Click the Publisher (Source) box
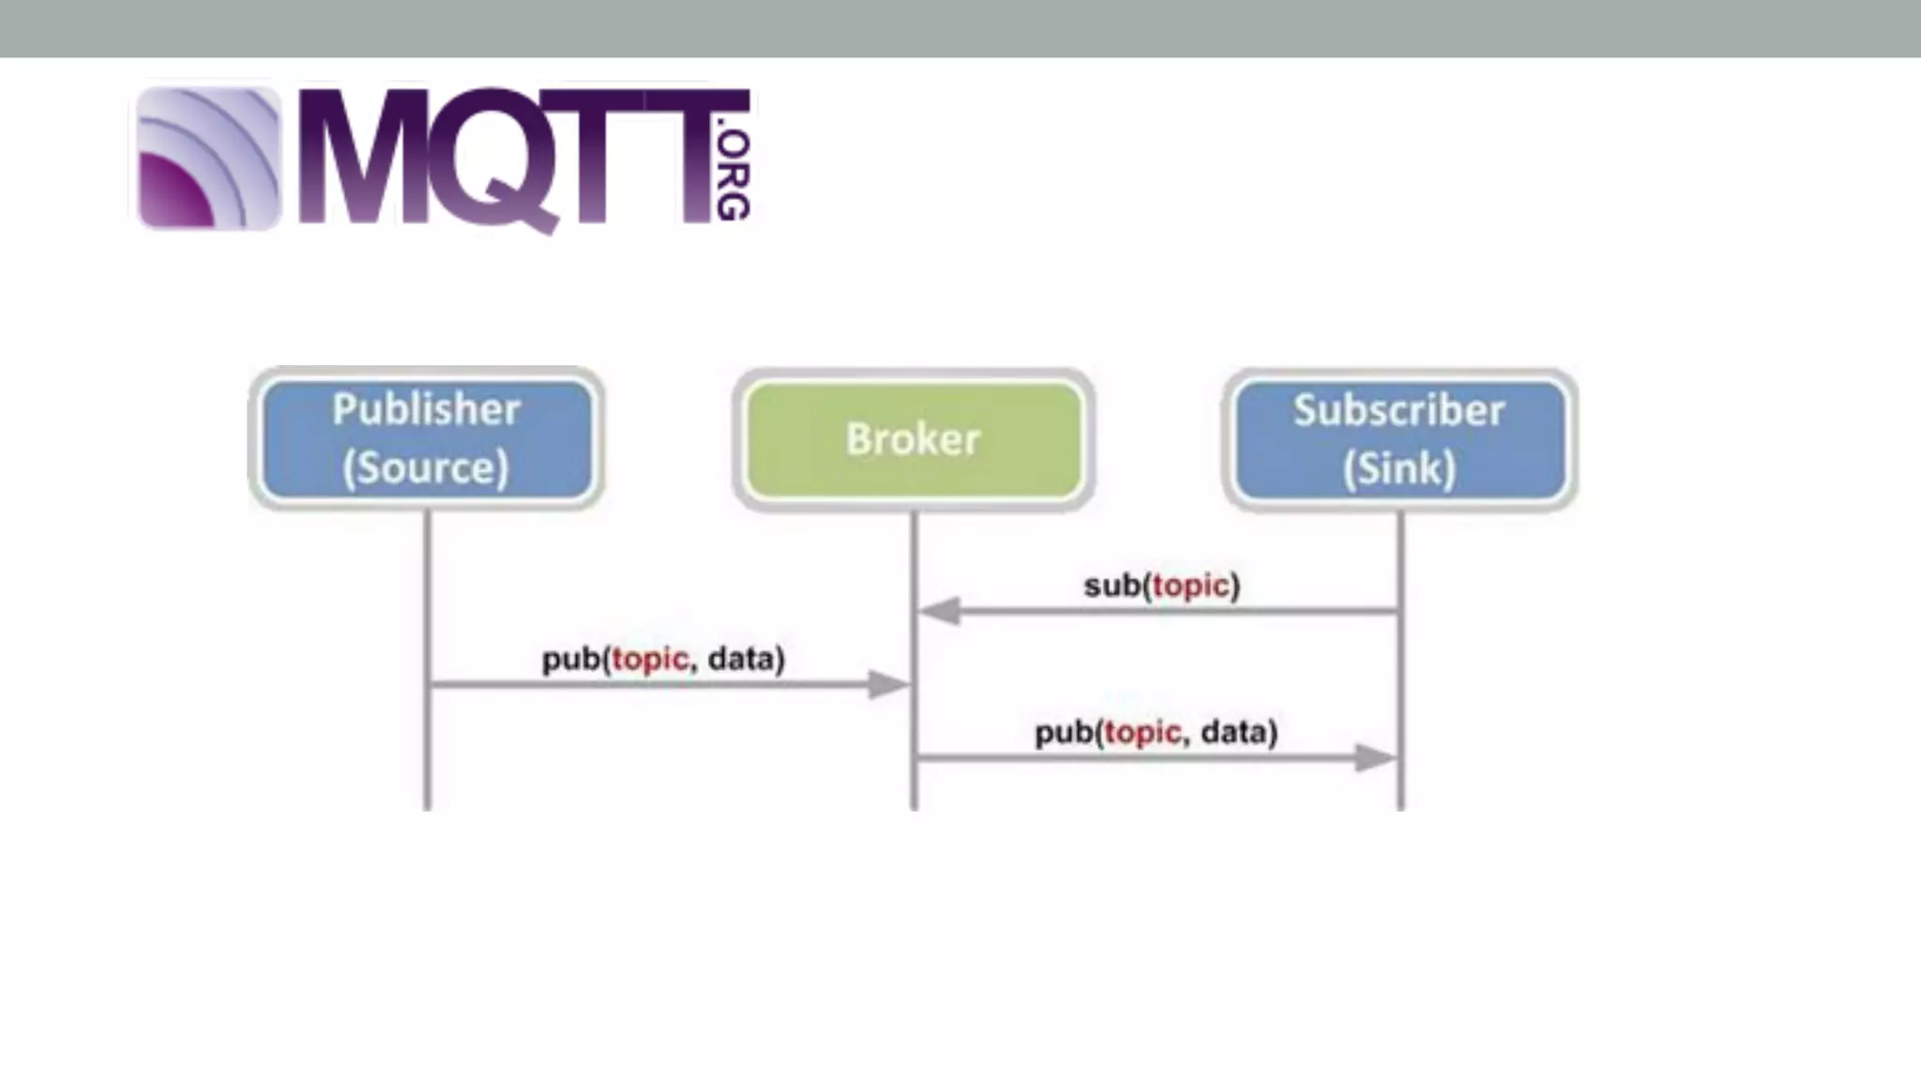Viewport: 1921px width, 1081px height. click(427, 438)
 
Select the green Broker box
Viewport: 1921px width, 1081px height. click(914, 439)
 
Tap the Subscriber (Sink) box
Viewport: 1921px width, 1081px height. click(1399, 439)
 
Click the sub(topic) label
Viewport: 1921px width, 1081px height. click(1161, 586)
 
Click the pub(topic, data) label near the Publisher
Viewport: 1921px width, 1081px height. click(663, 659)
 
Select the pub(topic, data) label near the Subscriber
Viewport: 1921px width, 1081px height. click(1156, 732)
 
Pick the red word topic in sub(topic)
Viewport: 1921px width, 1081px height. click(1190, 586)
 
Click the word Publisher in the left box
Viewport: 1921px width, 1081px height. click(427, 410)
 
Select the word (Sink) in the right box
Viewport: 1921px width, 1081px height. click(1399, 468)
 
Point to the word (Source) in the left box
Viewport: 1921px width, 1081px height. click(426, 467)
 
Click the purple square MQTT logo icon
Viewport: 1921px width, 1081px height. click(208, 158)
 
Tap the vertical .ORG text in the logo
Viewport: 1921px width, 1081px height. click(733, 175)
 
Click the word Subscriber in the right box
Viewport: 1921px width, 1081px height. click(1399, 410)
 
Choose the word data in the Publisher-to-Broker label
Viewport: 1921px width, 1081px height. click(745, 659)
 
